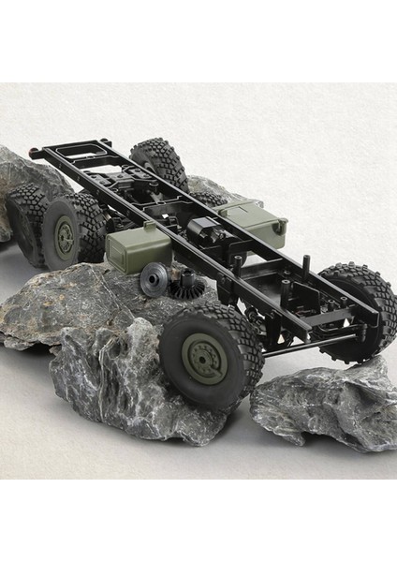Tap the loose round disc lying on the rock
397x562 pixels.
tap(153, 278)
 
